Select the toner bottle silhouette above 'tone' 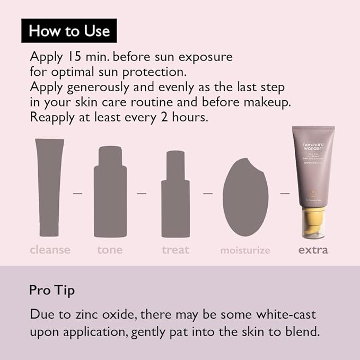[x=110, y=192]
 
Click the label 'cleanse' [x=50, y=250]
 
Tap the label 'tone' [x=110, y=250]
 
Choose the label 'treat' [x=175, y=250]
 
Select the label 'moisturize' [x=245, y=250]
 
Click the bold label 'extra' [x=312, y=250]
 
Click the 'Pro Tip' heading [x=52, y=291]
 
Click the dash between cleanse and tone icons [x=78, y=194]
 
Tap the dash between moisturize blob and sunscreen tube [x=285, y=194]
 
